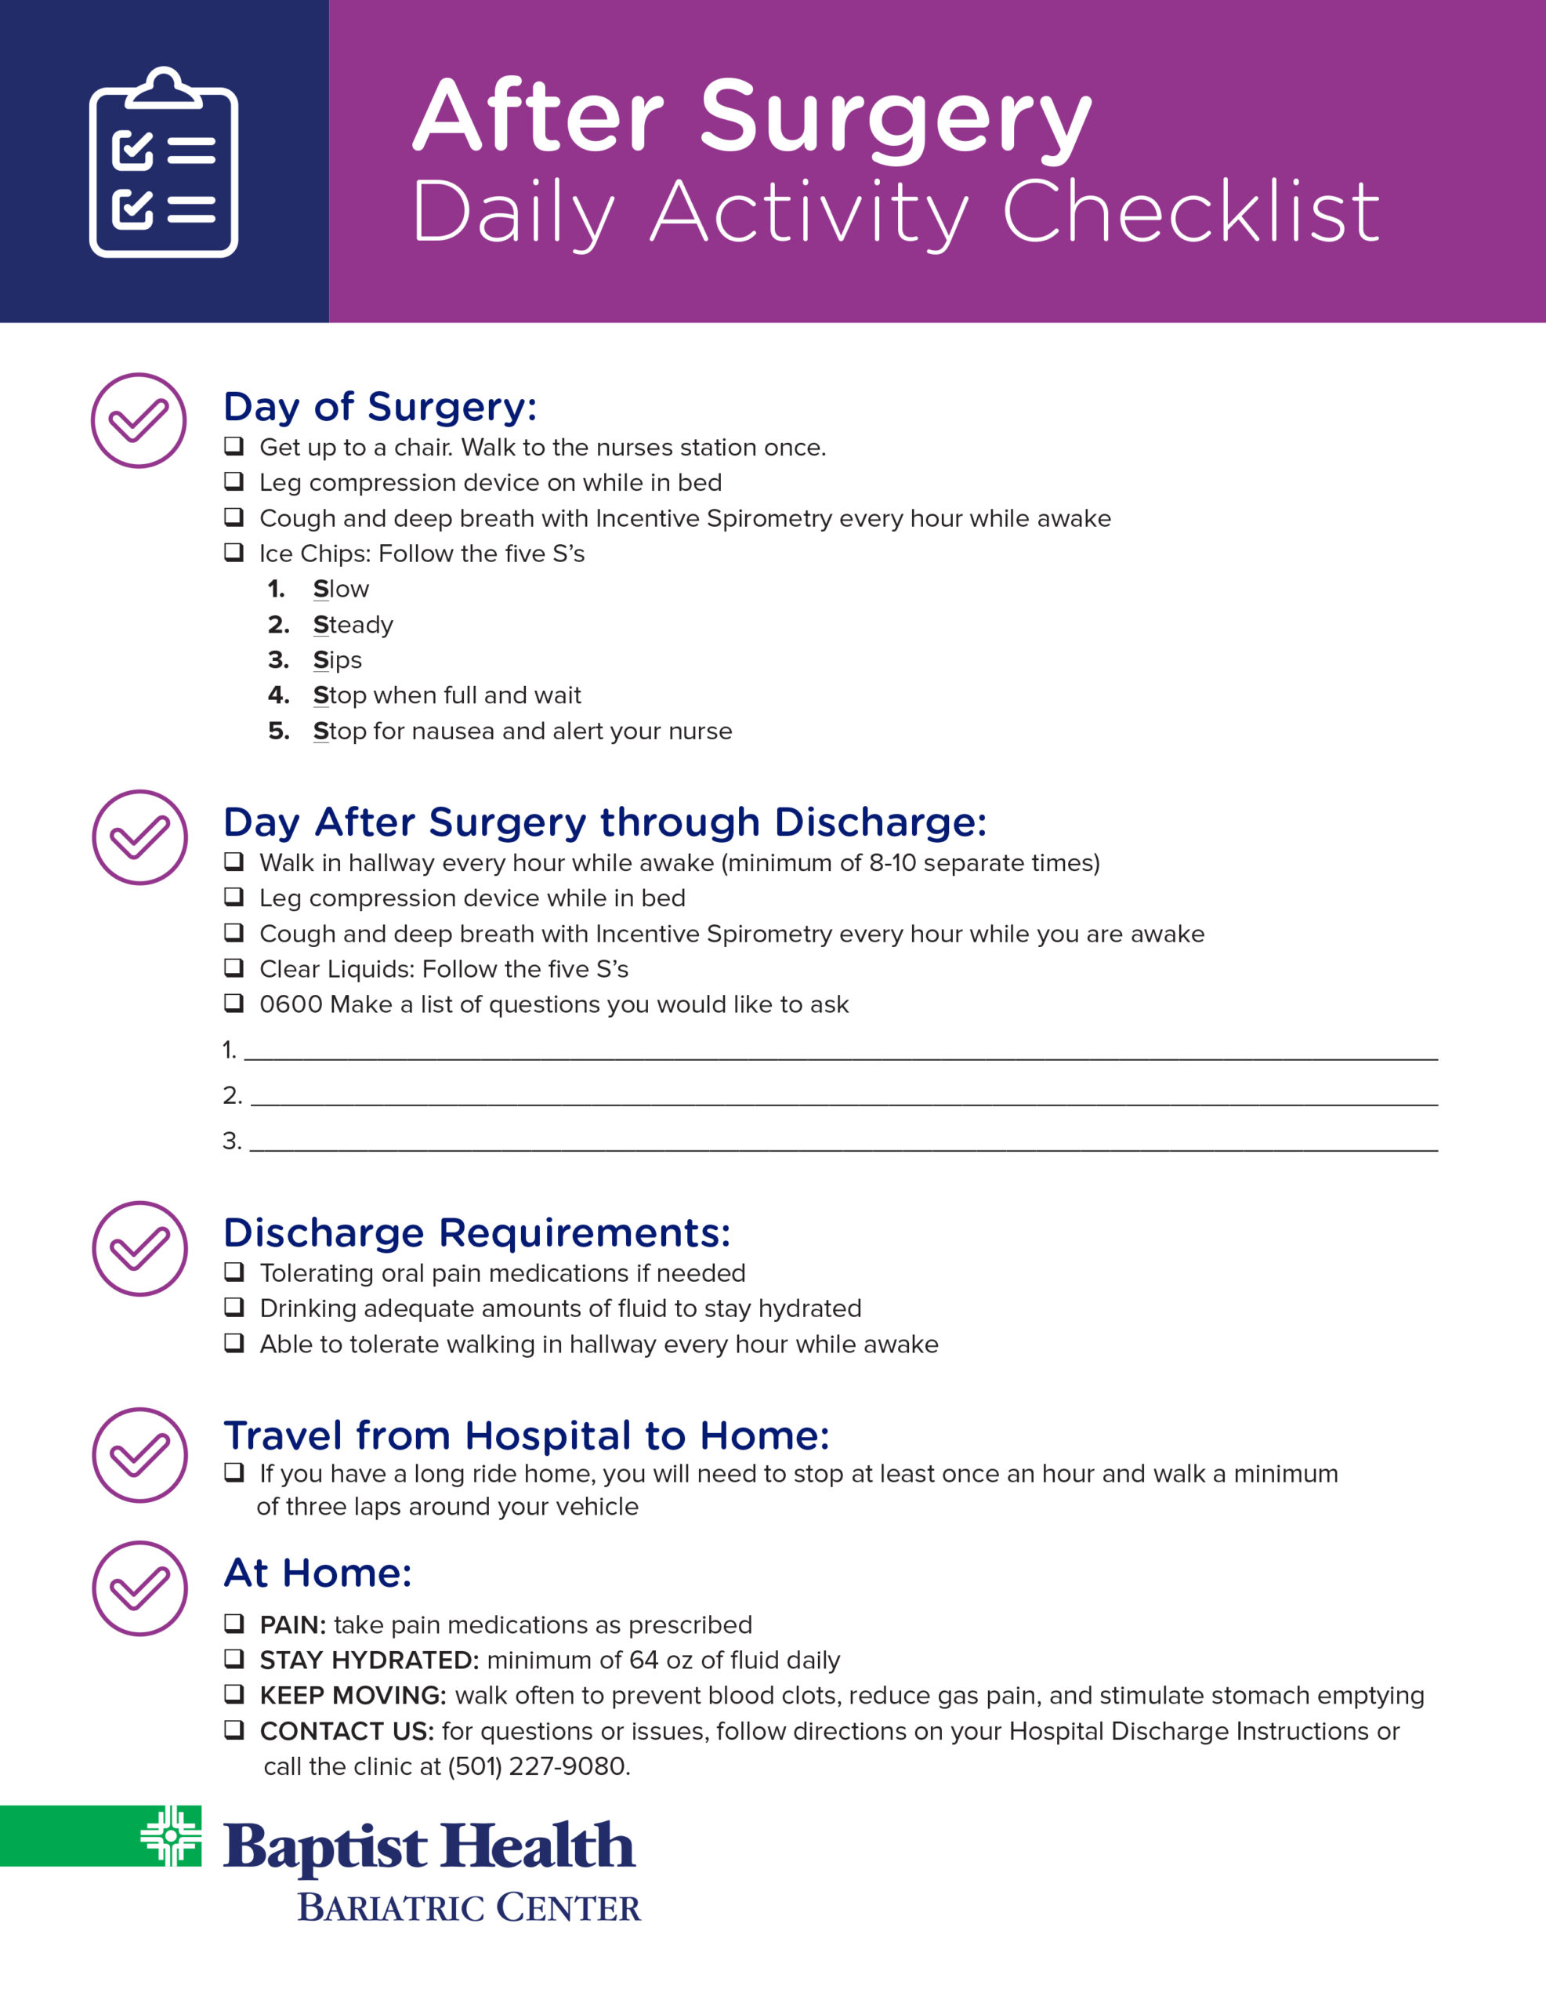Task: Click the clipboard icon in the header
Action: pyautogui.click(x=164, y=162)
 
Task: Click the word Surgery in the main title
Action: pyautogui.click(x=895, y=119)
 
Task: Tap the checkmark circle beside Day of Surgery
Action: pyautogui.click(x=139, y=421)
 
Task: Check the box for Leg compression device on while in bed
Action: pyautogui.click(x=234, y=481)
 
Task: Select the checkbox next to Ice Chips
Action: pyautogui.click(x=234, y=552)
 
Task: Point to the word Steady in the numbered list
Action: pyautogui.click(x=353, y=625)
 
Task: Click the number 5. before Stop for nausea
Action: pyautogui.click(x=278, y=731)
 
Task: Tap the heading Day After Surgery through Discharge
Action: pyautogui.click(x=604, y=822)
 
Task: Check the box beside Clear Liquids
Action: pyautogui.click(x=234, y=967)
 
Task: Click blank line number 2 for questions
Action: pyautogui.click(x=843, y=1095)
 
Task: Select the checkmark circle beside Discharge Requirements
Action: pyautogui.click(x=139, y=1249)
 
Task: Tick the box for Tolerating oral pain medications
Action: pyautogui.click(x=234, y=1272)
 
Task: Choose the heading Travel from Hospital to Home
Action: pyautogui.click(x=527, y=1435)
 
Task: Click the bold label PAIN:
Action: pyautogui.click(x=293, y=1624)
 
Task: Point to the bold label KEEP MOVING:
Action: pyautogui.click(x=353, y=1696)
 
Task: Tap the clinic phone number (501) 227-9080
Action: pyautogui.click(x=538, y=1766)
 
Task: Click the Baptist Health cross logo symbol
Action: pyautogui.click(x=171, y=1836)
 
